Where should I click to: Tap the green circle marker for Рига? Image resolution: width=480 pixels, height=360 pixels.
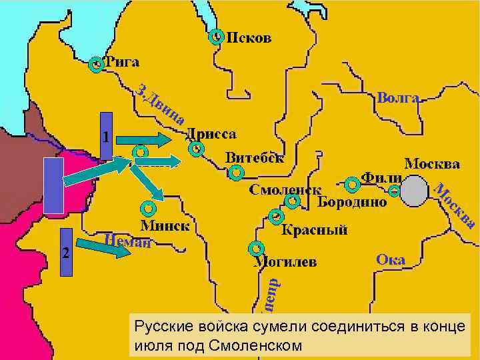tap(97, 65)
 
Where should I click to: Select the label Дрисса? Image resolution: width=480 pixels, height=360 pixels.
tap(211, 133)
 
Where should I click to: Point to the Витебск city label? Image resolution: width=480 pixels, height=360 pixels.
tap(254, 158)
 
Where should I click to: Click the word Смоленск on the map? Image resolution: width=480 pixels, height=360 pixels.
tap(285, 190)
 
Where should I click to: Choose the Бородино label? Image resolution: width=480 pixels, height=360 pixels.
tap(352, 201)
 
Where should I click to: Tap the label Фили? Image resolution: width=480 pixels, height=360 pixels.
tap(381, 179)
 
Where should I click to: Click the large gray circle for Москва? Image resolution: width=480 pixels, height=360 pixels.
tap(415, 191)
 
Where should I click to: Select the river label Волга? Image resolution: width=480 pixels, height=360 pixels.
tap(397, 98)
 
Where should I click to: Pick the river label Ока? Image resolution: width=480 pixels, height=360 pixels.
tap(390, 259)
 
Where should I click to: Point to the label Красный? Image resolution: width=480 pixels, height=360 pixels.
tap(315, 231)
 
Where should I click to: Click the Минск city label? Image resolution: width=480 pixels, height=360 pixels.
tap(165, 225)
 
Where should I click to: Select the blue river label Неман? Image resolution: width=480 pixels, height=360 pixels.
tap(127, 241)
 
